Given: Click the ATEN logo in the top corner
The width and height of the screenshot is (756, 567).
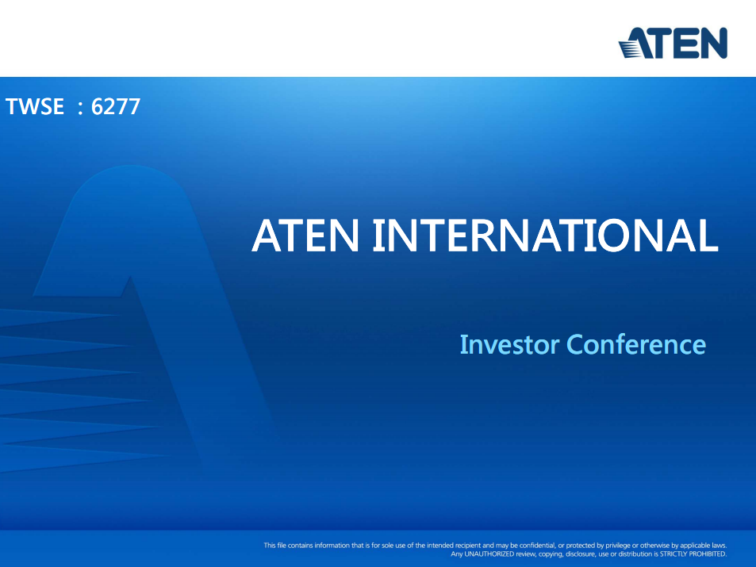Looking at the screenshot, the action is tap(673, 43).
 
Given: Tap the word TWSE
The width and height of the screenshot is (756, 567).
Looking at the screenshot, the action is tap(35, 106).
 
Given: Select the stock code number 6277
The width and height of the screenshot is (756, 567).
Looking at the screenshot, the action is tap(116, 106).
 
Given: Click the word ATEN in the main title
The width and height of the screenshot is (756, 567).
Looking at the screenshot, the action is tap(305, 236).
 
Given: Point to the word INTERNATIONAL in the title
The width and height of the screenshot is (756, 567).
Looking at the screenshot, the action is tap(546, 236).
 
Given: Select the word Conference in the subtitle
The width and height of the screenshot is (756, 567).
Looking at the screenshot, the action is tap(636, 344).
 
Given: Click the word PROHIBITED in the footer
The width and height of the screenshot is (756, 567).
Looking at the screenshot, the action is tap(708, 554).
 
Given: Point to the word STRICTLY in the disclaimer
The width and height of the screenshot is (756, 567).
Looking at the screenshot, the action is tap(673, 554).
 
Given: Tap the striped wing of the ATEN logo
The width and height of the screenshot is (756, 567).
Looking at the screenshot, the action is tap(630, 48).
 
